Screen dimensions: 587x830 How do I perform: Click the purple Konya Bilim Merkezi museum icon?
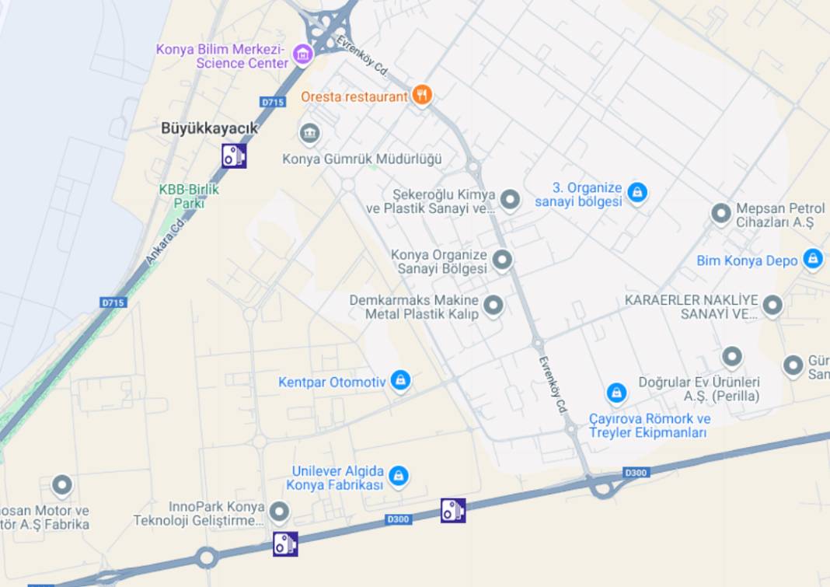[302, 54]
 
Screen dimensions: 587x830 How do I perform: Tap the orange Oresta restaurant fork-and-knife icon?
[422, 95]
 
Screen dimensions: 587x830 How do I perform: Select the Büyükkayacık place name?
[209, 128]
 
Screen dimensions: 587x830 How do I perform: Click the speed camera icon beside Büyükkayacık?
[234, 155]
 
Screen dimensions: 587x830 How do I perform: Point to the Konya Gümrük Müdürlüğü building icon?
[309, 133]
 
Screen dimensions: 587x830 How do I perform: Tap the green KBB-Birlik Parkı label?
[189, 196]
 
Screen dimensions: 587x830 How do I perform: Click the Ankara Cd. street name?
[164, 243]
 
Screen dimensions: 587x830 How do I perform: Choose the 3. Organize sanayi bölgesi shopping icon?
[637, 191]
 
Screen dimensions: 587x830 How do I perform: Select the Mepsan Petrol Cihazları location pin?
[721, 211]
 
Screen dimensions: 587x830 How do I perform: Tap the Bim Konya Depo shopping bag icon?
[813, 258]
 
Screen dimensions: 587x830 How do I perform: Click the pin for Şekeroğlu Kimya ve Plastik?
[510, 200]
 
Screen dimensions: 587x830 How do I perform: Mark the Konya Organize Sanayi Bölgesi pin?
[502, 260]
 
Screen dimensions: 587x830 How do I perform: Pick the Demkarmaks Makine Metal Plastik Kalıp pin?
[493, 306]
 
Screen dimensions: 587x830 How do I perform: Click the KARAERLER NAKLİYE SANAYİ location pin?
[772, 305]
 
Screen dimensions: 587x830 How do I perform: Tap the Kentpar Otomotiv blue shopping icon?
[400, 380]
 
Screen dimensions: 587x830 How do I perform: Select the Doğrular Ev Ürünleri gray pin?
[732, 357]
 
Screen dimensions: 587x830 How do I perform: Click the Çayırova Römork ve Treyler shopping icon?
[616, 393]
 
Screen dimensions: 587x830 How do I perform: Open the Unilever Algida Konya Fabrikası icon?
[399, 474]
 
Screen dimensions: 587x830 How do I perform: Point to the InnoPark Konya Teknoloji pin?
[279, 511]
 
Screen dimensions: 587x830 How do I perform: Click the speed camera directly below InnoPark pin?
[285, 543]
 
